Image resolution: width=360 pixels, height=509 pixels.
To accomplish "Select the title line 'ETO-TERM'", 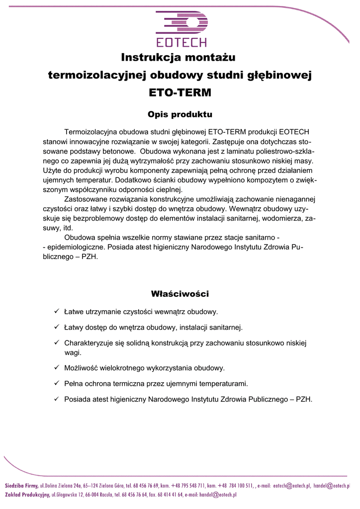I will (180, 92).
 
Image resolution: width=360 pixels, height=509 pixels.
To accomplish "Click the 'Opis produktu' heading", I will (180, 115).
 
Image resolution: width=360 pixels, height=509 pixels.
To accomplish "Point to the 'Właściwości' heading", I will (180, 294).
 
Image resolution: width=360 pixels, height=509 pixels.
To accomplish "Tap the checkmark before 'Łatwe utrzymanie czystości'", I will (57, 312).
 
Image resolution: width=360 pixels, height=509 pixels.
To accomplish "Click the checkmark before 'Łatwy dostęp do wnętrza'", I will (57, 327).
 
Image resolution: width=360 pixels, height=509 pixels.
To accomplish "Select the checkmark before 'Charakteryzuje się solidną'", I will (57, 343).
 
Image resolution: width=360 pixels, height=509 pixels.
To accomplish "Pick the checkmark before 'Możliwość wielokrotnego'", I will (57, 368).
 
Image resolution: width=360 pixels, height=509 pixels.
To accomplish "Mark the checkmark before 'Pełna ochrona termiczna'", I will (57, 383).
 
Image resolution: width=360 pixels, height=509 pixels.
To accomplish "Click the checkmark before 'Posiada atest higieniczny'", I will (57, 399).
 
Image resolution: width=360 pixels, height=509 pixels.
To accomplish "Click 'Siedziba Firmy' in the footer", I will (21, 485).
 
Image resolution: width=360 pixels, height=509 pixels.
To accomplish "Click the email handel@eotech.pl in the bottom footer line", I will (218, 495).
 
